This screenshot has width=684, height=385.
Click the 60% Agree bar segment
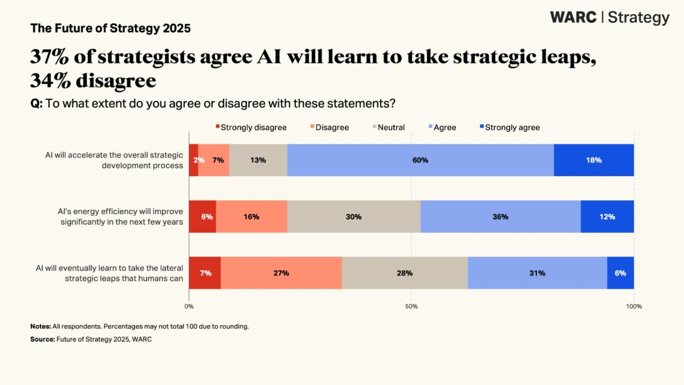(421, 160)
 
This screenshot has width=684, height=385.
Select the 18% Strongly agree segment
(594, 160)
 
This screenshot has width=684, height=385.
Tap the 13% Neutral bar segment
(258, 160)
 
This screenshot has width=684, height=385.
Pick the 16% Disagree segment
(251, 217)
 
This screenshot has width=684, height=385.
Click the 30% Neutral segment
(354, 217)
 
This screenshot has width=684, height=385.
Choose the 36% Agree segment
(500, 217)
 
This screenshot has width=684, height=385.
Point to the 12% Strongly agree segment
(608, 217)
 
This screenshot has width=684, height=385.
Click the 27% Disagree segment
(281, 273)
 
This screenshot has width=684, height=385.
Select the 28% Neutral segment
(405, 273)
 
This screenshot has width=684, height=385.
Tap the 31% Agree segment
(538, 273)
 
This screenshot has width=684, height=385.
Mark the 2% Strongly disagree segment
(194, 160)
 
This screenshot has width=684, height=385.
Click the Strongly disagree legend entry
(251, 127)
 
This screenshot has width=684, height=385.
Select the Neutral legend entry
(388, 127)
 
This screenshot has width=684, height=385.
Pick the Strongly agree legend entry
(510, 127)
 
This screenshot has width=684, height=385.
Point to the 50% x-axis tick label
(412, 306)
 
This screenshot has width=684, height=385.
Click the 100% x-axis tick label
(634, 306)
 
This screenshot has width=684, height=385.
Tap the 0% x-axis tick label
(189, 306)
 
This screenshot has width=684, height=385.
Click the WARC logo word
(573, 17)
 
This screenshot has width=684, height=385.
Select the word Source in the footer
(42, 339)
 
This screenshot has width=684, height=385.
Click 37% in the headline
(50, 56)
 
